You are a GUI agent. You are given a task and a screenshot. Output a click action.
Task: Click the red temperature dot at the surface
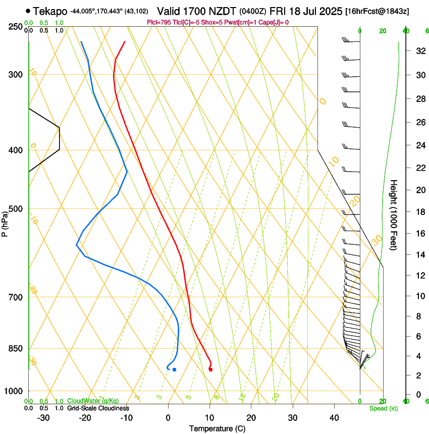pyautogui.click(x=210, y=369)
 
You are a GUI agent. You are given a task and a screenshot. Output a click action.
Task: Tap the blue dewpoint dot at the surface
pyautogui.click(x=174, y=369)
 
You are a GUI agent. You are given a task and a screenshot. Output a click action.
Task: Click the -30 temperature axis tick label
pyautogui.click(x=43, y=417)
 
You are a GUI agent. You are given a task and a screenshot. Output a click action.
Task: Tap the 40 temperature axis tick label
pyautogui.click(x=334, y=417)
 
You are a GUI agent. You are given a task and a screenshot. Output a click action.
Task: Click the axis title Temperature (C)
pyautogui.click(x=217, y=428)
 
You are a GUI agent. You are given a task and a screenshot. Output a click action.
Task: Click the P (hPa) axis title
pyautogui.click(x=5, y=222)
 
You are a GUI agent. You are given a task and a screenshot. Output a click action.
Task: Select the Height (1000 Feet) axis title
pyautogui.click(x=394, y=214)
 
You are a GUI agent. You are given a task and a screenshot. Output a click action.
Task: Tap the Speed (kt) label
pyautogui.click(x=383, y=408)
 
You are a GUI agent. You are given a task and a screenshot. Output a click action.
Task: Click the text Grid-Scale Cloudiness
pyautogui.click(x=98, y=408)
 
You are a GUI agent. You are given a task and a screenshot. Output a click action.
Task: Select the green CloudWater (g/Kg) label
pyautogui.click(x=93, y=401)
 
